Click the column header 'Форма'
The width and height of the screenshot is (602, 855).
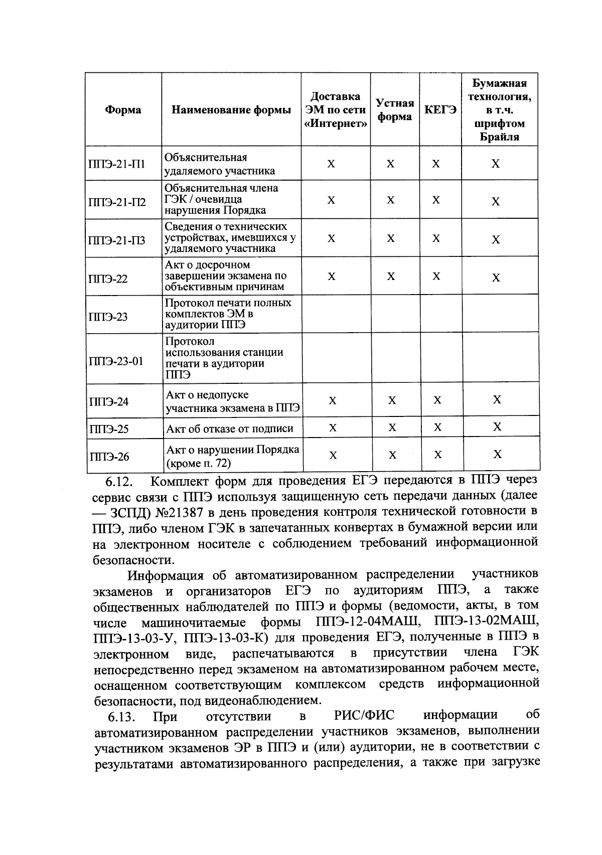[123, 110]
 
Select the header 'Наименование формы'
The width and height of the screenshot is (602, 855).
[231, 110]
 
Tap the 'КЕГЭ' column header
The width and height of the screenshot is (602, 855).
[440, 110]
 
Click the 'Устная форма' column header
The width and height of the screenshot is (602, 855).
[395, 110]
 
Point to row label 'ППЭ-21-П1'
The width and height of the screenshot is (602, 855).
[117, 164]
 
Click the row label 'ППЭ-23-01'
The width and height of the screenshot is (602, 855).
[116, 361]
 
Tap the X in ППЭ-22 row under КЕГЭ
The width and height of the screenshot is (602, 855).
[436, 276]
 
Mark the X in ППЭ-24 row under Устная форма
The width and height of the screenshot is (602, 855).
[392, 400]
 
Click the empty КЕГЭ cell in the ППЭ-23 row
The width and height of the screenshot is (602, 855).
[440, 315]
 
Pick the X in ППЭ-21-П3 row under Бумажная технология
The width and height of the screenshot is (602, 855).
[496, 239]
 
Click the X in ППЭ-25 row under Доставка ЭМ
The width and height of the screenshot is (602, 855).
[332, 428]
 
